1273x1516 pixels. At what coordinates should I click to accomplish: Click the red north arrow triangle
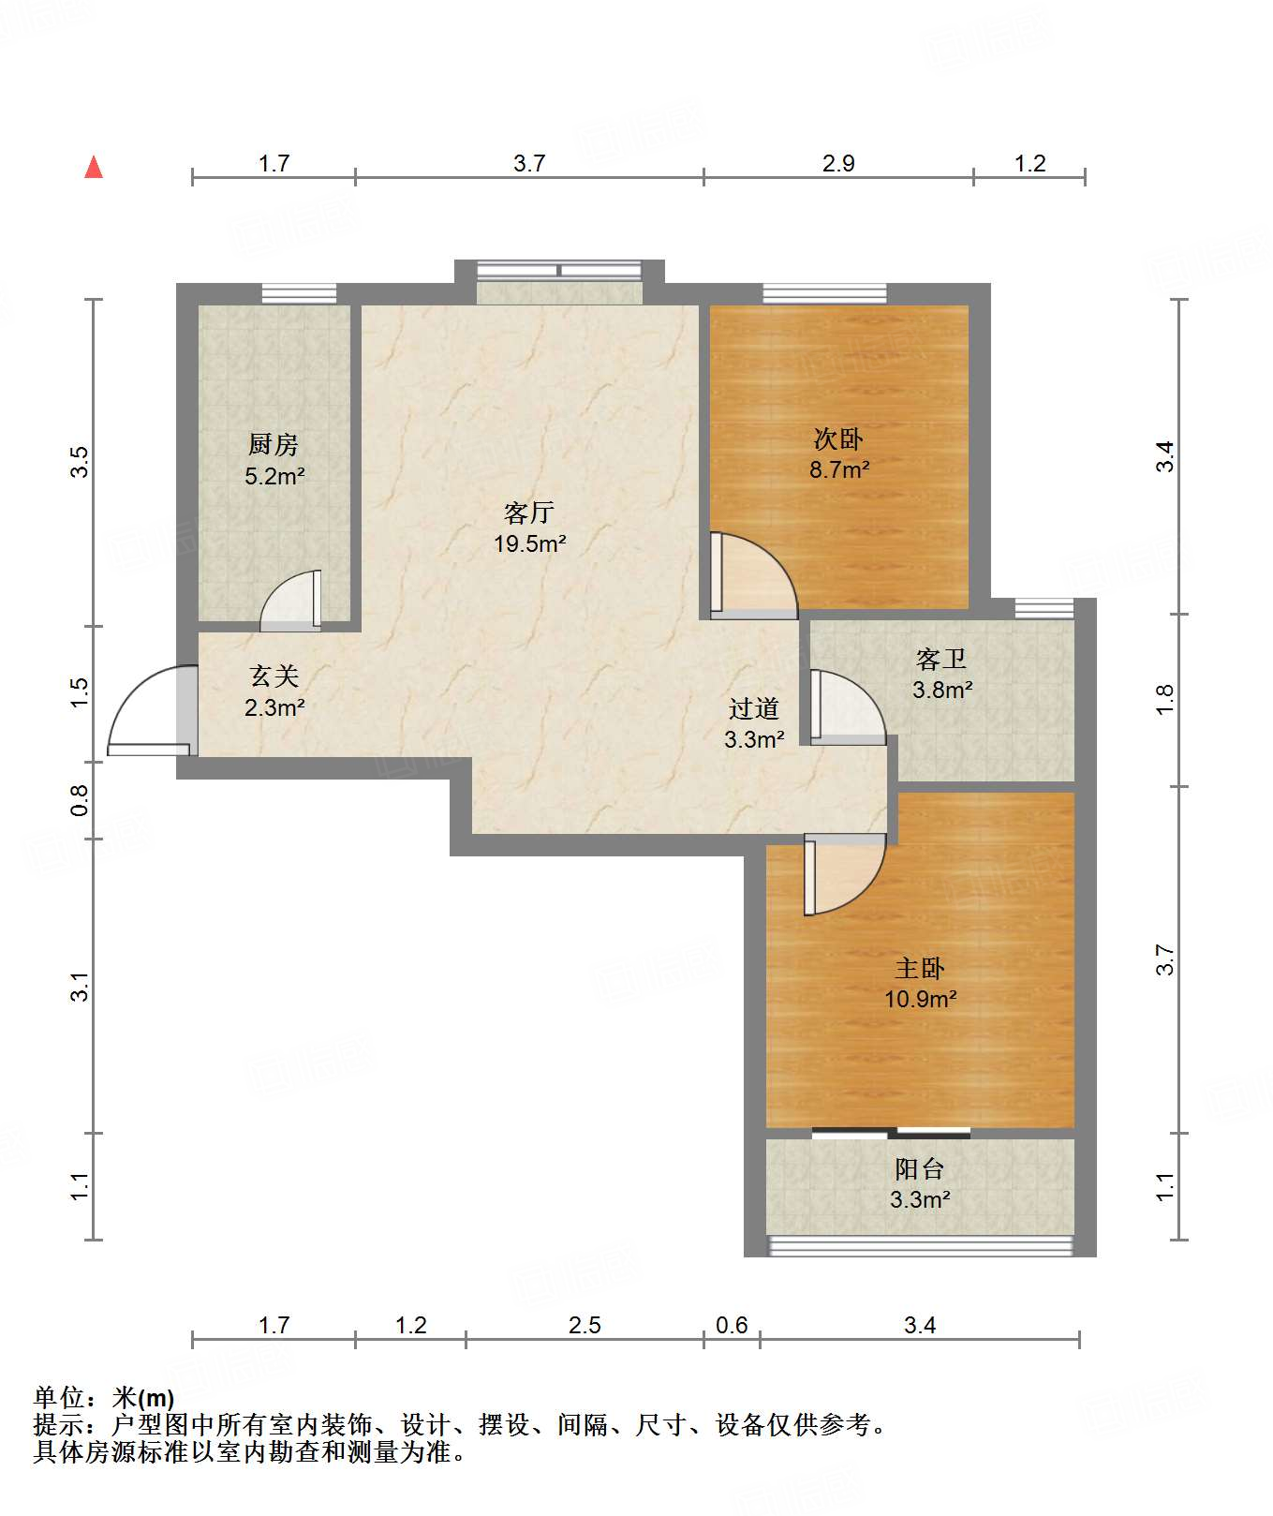click(94, 167)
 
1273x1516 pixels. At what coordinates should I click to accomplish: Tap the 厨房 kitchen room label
click(274, 444)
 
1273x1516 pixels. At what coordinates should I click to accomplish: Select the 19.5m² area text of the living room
click(530, 543)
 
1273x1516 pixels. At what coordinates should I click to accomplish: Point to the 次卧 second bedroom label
click(838, 438)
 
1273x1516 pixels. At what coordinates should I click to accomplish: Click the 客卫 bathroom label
click(941, 660)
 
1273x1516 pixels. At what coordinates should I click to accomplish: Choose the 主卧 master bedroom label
click(920, 968)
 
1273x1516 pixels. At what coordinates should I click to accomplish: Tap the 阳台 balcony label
click(920, 1168)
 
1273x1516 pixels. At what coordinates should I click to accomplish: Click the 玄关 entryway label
click(274, 676)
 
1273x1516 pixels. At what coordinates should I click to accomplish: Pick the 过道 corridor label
click(754, 709)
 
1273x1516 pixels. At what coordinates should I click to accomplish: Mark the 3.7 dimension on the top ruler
click(529, 163)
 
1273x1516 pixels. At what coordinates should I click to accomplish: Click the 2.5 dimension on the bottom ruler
click(585, 1325)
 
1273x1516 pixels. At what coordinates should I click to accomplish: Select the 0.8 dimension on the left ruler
click(80, 800)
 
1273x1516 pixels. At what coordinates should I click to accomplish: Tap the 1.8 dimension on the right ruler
click(1164, 700)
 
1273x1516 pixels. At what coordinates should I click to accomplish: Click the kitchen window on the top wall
click(299, 293)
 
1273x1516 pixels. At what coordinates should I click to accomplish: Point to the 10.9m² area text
click(921, 999)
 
